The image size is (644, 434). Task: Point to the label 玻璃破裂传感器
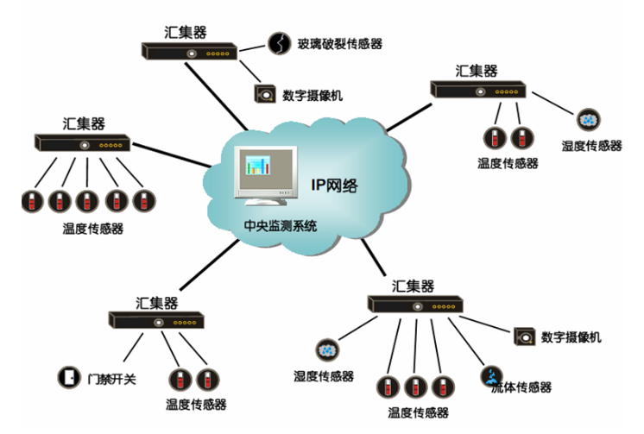[x=339, y=43]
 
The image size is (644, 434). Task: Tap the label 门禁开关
[x=107, y=378]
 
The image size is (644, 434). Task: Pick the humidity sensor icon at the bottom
[x=328, y=350]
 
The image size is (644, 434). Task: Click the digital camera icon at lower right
[x=522, y=337]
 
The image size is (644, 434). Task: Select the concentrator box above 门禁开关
[x=156, y=320]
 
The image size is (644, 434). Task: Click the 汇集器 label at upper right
[x=477, y=68]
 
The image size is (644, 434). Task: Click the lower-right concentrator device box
[x=418, y=304]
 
